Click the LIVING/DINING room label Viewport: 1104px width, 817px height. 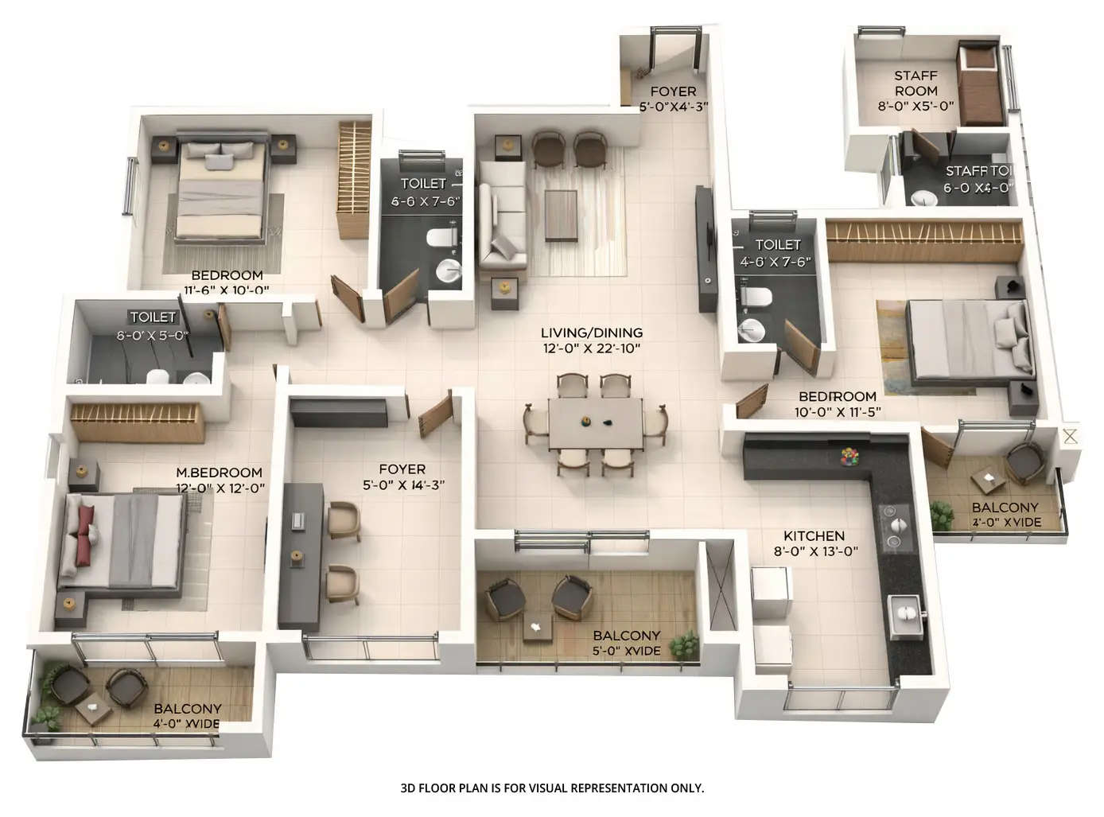591,333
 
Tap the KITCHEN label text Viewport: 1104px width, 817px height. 814,536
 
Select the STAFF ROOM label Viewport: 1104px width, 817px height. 915,84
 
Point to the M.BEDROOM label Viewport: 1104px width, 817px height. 219,473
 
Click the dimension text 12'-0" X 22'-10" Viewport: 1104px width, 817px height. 591,348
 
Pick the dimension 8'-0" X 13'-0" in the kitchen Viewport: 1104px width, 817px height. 815,551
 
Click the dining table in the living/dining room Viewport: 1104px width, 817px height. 595,423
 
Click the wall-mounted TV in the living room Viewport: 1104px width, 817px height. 704,247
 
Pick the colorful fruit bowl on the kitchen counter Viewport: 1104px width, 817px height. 850,456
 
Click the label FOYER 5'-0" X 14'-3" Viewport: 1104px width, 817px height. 402,477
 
